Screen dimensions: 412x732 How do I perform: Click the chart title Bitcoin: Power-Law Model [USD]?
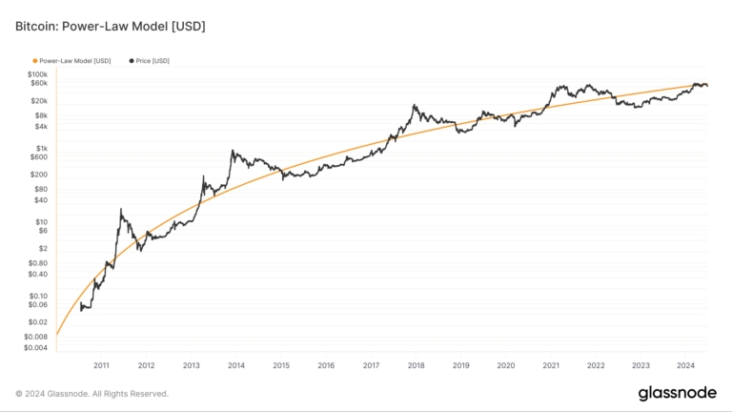(110, 26)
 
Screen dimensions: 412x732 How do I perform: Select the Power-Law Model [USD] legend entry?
(74, 61)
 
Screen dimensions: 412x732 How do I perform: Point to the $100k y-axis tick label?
(37, 74)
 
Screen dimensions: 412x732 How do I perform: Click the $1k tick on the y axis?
(42, 149)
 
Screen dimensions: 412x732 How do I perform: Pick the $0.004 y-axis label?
(35, 347)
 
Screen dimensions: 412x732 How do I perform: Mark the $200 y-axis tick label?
(40, 175)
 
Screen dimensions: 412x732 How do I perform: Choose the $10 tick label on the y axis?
(42, 222)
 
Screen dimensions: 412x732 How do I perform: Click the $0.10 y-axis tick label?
(38, 296)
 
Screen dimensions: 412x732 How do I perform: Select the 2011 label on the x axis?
(102, 365)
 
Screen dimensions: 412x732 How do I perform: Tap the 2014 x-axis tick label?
(236, 365)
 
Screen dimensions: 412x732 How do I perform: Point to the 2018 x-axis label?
(417, 365)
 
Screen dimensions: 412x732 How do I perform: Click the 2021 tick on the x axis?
(551, 365)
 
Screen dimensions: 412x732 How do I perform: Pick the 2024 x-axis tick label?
(686, 365)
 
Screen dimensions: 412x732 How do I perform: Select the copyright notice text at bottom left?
(91, 393)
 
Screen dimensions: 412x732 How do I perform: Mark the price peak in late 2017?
(415, 105)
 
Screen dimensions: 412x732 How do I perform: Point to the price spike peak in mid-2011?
(121, 209)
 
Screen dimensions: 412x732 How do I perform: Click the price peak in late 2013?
(233, 150)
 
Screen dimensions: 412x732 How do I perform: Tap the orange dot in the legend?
(35, 61)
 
